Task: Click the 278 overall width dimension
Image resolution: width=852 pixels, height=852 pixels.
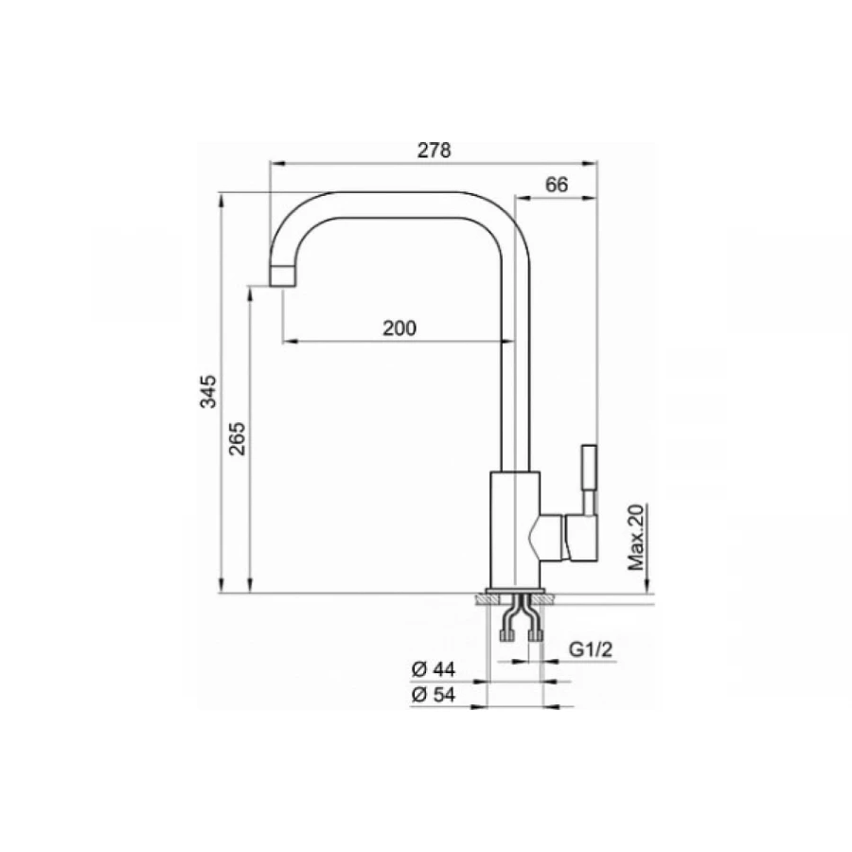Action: click(x=435, y=151)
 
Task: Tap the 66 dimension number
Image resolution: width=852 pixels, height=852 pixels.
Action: click(x=557, y=185)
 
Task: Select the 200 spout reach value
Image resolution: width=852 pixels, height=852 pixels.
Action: click(x=399, y=328)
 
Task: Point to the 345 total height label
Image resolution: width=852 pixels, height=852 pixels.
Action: click(x=208, y=391)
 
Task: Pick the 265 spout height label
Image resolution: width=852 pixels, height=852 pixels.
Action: click(x=237, y=438)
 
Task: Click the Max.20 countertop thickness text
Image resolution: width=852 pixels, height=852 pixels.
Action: click(x=636, y=538)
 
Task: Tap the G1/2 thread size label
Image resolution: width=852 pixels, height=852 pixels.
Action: click(x=590, y=648)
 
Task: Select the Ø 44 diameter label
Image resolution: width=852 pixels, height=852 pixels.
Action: click(x=433, y=669)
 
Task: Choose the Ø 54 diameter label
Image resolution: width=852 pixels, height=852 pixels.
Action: click(x=433, y=695)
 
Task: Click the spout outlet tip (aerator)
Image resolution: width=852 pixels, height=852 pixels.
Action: click(x=282, y=276)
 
